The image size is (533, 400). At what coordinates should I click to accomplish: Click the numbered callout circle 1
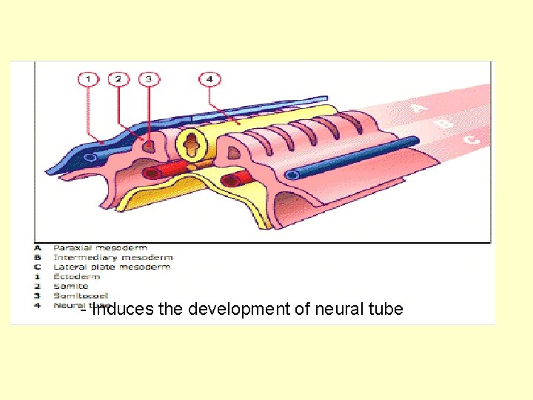88,79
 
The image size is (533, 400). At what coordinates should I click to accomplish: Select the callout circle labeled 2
118,79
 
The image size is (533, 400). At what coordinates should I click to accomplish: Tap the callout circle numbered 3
148,79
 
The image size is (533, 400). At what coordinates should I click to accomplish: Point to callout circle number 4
209,79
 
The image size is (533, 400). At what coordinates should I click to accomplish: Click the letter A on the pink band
419,108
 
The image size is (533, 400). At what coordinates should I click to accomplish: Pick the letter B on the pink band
445,123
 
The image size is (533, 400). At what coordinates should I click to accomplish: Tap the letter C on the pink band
471,138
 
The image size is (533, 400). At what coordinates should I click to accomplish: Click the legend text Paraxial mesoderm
100,248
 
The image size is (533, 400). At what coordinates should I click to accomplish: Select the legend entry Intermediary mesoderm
113,258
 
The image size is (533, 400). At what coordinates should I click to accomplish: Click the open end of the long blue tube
293,176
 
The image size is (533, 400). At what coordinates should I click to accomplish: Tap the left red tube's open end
152,173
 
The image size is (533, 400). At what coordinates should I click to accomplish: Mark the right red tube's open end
230,179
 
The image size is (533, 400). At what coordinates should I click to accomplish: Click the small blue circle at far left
89,157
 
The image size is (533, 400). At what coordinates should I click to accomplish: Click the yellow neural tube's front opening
190,144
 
